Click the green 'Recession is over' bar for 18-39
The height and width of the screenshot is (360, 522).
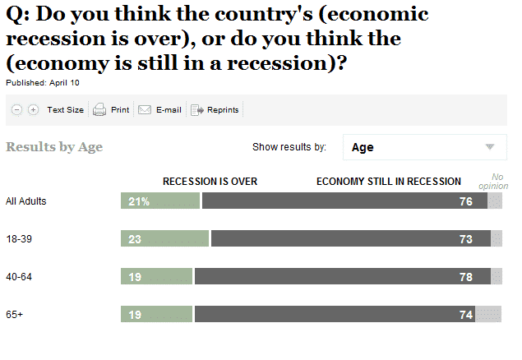(x=164, y=239)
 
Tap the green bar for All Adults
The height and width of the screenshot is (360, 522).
(x=160, y=201)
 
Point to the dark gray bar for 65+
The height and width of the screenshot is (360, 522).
(x=334, y=315)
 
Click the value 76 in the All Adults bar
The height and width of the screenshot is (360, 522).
(x=466, y=201)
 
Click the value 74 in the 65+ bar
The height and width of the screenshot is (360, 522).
(x=466, y=315)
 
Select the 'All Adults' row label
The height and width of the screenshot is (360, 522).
(x=26, y=201)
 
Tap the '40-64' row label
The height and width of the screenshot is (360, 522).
(x=20, y=277)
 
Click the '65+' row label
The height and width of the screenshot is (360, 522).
(x=15, y=315)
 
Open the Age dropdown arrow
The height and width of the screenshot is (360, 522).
(x=490, y=147)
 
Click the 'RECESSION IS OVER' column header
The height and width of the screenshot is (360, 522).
(x=210, y=181)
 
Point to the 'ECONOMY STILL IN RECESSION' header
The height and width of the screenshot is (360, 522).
(x=389, y=181)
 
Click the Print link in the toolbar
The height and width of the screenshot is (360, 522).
(x=111, y=109)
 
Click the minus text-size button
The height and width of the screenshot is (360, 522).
(x=17, y=109)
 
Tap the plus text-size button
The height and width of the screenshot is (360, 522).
(x=33, y=109)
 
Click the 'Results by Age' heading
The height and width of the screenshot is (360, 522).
(x=54, y=147)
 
